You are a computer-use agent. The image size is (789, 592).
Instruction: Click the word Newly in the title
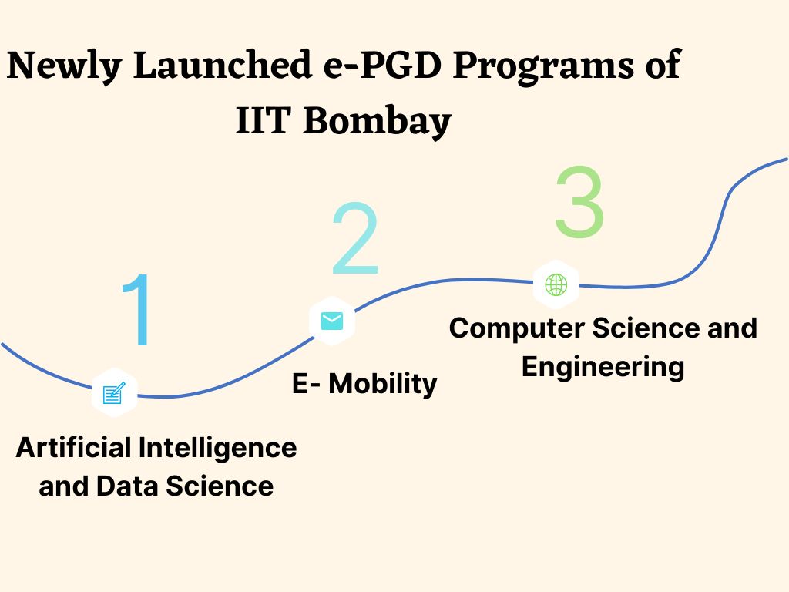pos(64,66)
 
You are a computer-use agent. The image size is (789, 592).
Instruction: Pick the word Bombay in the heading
pos(377,123)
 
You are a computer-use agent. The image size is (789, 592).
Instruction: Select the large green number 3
pos(579,201)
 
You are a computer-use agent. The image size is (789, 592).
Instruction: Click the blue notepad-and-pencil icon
pos(113,393)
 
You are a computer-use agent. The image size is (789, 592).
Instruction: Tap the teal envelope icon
pos(332,321)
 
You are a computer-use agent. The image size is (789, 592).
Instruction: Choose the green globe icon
pos(556,284)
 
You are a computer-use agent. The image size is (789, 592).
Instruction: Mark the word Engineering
pos(603,366)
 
